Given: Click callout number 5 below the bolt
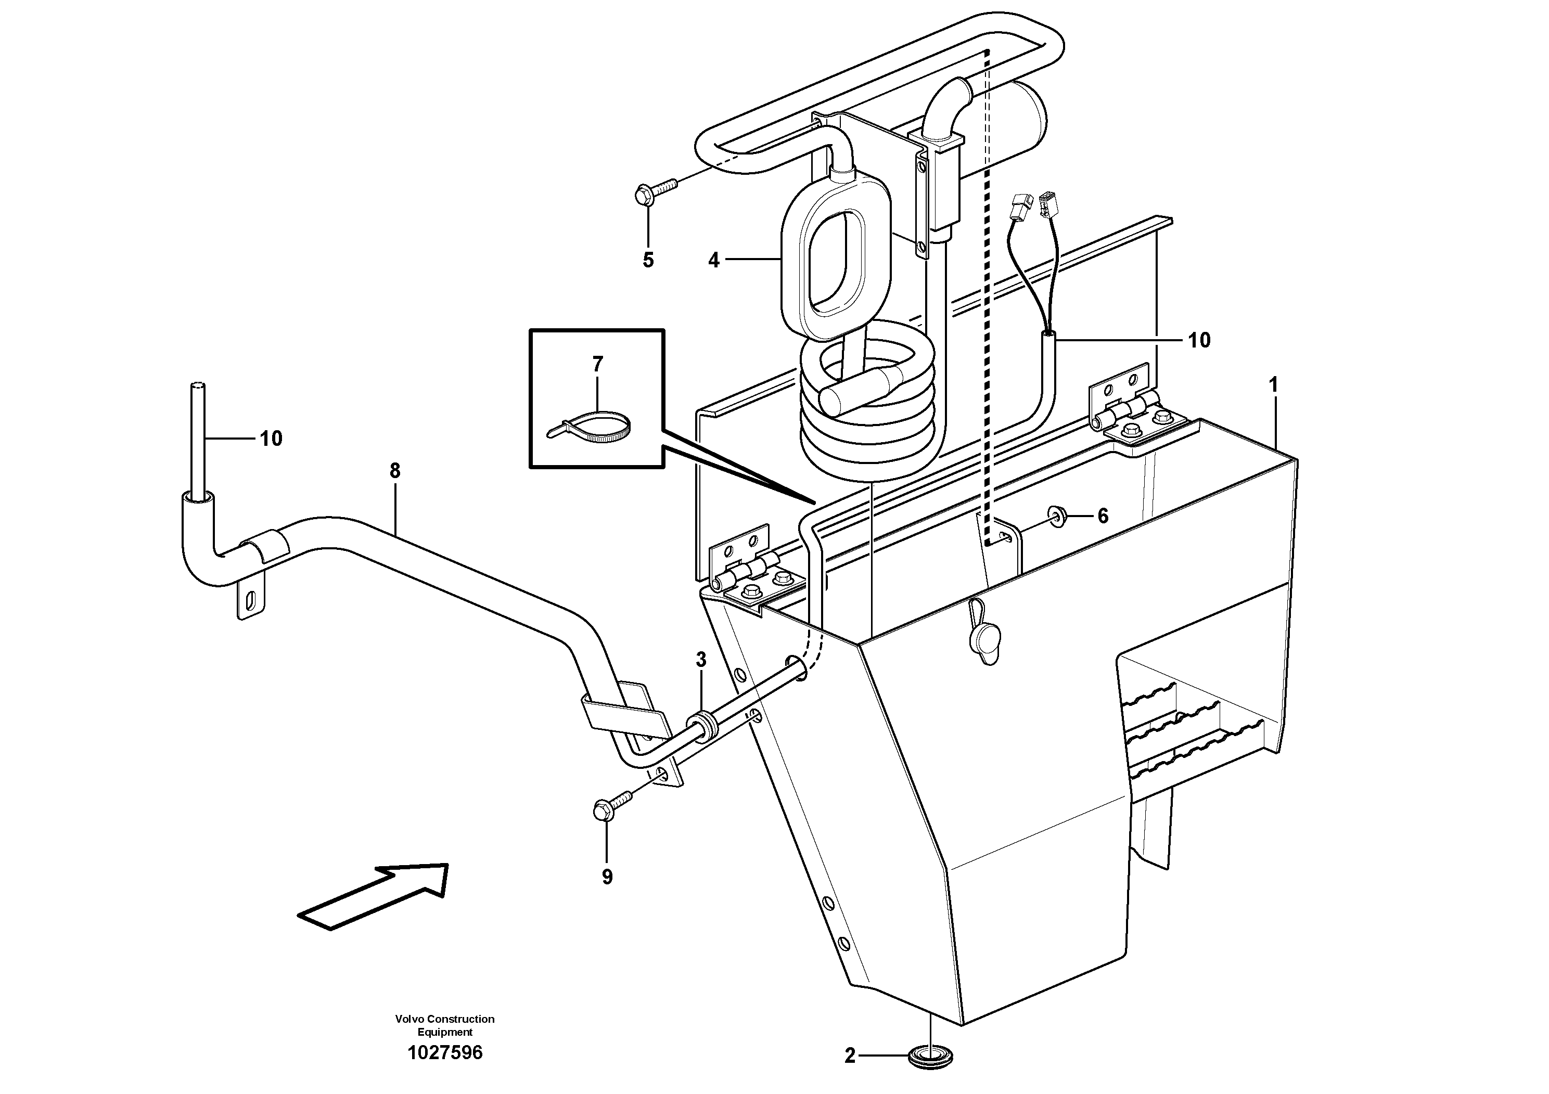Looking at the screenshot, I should tap(648, 260).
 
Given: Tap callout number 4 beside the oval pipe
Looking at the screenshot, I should tap(714, 260).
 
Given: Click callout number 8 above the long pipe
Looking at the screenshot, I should tap(395, 471).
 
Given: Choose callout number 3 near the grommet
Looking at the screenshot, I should tap(701, 660).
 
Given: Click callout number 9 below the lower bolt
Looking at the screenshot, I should tap(607, 877).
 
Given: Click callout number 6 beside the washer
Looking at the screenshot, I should tap(1103, 517).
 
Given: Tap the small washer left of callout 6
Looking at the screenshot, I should tap(1057, 517).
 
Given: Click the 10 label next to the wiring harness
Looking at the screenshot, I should tap(1199, 340).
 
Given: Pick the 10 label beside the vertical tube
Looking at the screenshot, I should tap(271, 439).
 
